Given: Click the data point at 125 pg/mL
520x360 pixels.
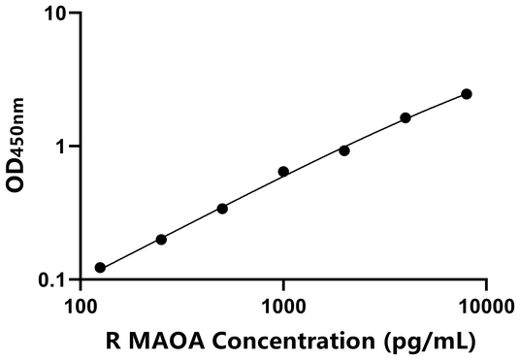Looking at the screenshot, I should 100,267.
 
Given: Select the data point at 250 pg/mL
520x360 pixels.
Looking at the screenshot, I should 161,239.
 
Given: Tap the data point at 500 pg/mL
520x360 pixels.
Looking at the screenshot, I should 222,209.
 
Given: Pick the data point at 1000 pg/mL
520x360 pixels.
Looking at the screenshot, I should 283,172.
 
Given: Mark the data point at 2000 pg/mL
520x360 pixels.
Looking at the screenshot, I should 344,150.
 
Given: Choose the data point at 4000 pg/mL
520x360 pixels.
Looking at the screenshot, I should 406,117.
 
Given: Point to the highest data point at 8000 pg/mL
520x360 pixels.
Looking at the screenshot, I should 467,94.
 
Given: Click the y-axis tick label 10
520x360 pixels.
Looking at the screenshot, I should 54,15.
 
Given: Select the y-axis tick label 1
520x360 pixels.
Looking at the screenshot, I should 60,147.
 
